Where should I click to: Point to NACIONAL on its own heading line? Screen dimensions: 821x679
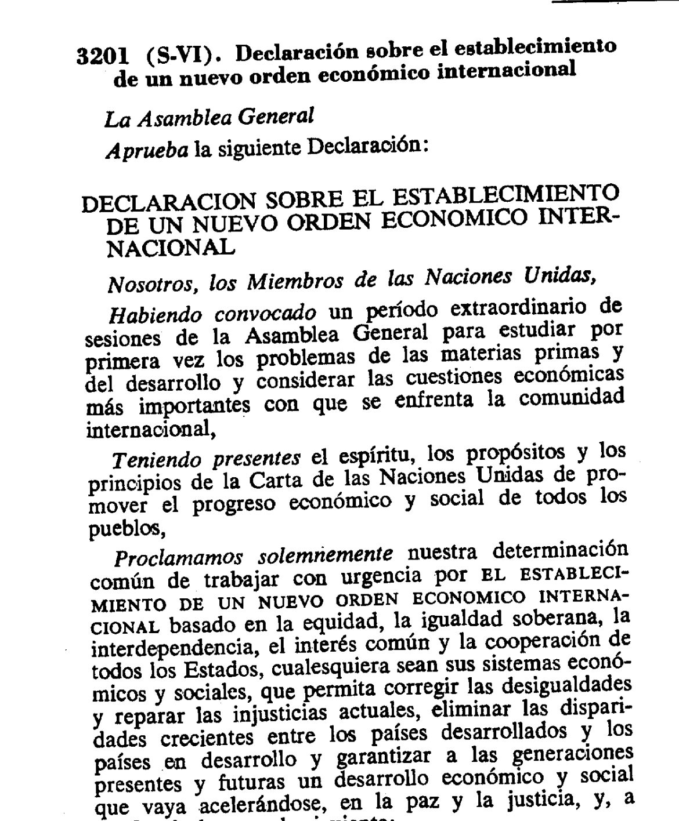point(172,247)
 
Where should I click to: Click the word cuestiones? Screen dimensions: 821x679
point(443,377)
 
